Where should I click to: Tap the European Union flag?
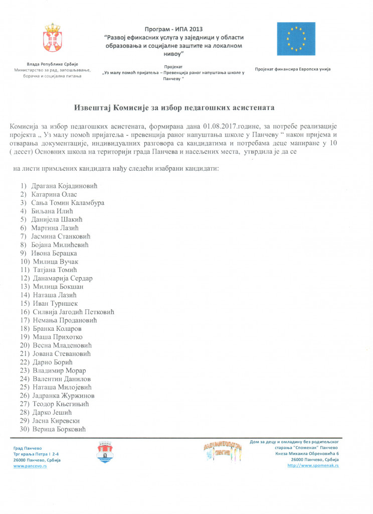tap(296, 39)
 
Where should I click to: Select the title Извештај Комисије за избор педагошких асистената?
tap(174, 107)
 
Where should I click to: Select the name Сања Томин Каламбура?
tap(68, 203)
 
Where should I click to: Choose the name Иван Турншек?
tap(56, 303)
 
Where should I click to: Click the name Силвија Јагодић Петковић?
tap(73, 312)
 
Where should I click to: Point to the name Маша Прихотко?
tap(57, 337)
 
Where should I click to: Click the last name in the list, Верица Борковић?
tap(59, 429)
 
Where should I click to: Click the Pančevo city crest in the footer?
tap(104, 453)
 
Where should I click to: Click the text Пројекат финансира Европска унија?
tap(293, 69)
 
